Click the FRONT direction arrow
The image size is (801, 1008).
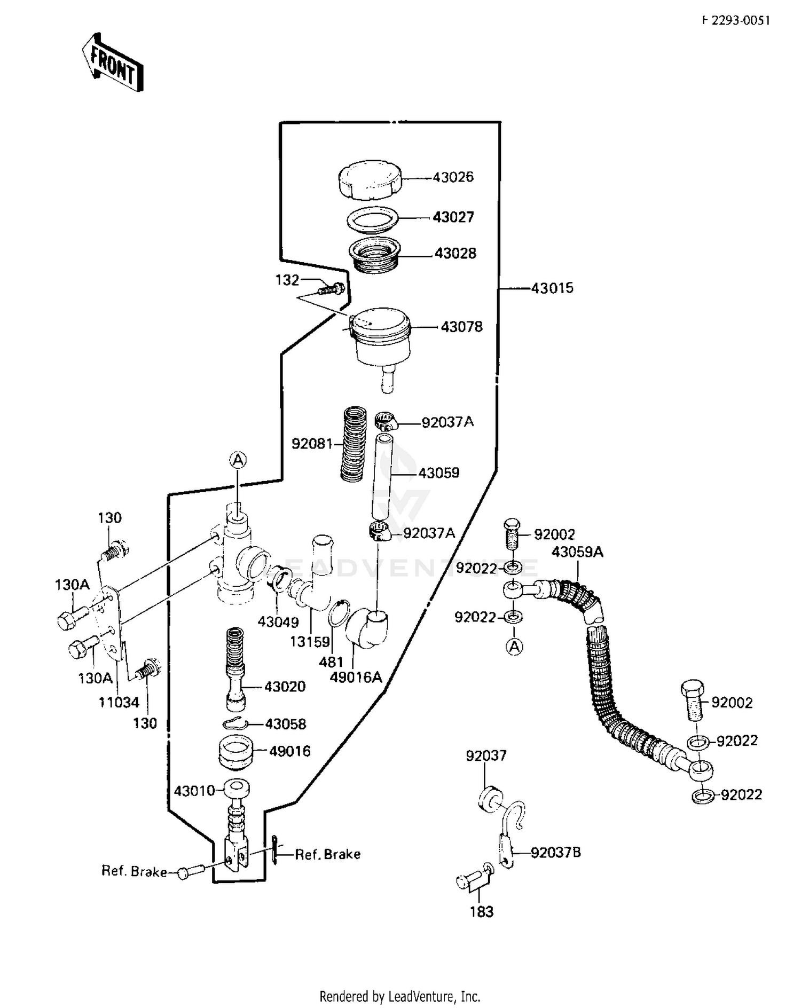(x=113, y=62)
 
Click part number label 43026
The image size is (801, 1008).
(x=453, y=177)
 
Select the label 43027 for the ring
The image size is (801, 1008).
(x=453, y=217)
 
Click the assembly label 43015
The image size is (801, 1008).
(x=552, y=288)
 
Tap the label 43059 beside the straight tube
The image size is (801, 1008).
(x=438, y=473)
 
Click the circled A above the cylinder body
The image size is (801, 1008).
(x=238, y=459)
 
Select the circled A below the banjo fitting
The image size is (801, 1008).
(x=514, y=647)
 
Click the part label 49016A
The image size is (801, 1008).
(x=356, y=678)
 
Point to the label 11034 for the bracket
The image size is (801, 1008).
(x=119, y=703)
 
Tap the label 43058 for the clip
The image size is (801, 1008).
(x=286, y=724)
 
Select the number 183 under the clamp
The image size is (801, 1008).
(x=481, y=912)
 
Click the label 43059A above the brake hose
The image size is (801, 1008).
(x=577, y=552)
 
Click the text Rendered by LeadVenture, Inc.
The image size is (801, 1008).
(x=400, y=996)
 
